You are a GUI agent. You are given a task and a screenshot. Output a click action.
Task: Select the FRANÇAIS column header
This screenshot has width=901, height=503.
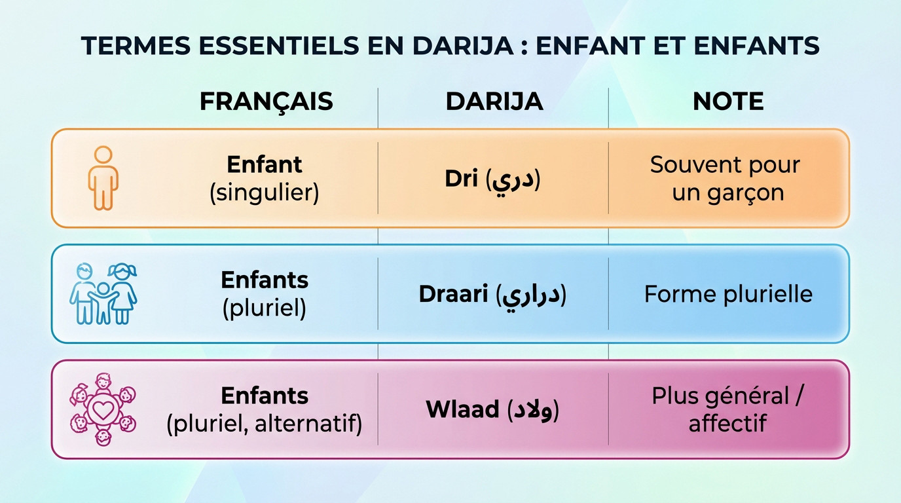(x=266, y=102)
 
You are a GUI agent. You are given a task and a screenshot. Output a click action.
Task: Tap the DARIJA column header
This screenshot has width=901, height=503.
(x=494, y=102)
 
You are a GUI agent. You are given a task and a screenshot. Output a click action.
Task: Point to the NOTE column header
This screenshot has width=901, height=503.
(x=728, y=102)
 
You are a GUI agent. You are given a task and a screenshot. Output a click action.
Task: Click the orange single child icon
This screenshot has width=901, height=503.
(x=103, y=178)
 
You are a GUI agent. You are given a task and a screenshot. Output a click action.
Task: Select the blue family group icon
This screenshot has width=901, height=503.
(x=103, y=294)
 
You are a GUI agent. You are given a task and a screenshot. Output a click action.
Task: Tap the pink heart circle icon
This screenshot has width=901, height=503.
(x=103, y=409)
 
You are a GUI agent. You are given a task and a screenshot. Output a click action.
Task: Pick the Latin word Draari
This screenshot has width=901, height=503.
(x=453, y=294)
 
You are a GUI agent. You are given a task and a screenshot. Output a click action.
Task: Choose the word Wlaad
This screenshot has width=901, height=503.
(x=462, y=410)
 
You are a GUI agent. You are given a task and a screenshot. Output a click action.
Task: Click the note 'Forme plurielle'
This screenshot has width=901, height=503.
(x=728, y=294)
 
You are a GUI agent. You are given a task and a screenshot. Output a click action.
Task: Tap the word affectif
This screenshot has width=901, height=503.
(x=727, y=424)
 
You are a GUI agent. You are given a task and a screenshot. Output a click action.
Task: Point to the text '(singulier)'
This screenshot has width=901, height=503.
(x=264, y=194)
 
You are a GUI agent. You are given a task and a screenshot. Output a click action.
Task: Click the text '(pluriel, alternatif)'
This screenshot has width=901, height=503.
(x=264, y=424)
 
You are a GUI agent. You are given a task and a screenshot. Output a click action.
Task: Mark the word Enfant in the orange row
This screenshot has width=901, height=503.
(x=265, y=164)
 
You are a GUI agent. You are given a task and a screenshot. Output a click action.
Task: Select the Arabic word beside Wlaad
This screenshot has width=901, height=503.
(x=533, y=410)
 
